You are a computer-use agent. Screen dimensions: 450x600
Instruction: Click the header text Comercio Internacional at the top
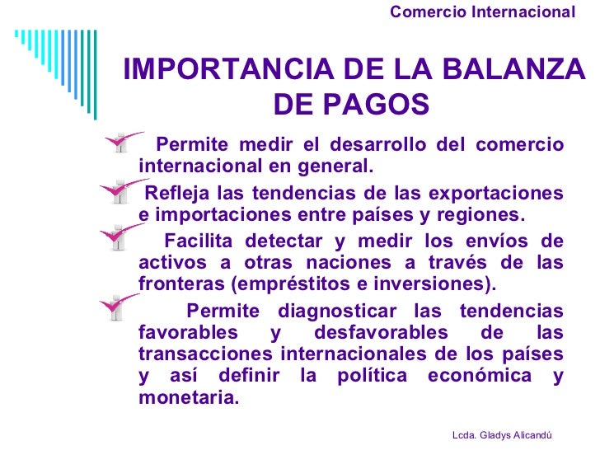point(482,12)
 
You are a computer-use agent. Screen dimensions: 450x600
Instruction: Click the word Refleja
point(174,194)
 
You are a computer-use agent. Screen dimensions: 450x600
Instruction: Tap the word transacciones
point(206,354)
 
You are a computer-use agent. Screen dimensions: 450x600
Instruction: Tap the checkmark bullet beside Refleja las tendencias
point(118,194)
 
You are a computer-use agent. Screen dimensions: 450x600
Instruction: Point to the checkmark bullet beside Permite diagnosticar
point(120,309)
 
